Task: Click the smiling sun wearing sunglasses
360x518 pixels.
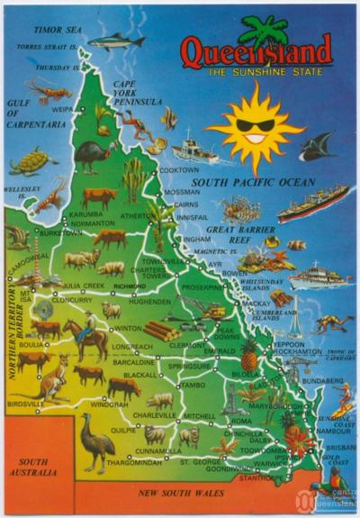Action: [255, 126]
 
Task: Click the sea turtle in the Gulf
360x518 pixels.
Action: [31, 163]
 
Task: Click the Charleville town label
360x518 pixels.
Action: [149, 415]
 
